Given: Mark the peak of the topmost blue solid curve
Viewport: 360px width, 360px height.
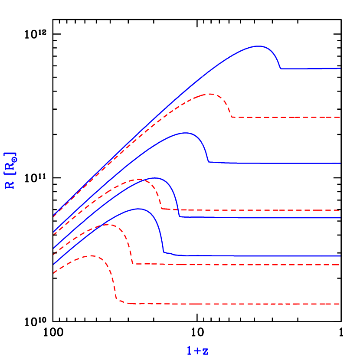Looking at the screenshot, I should point(259,46).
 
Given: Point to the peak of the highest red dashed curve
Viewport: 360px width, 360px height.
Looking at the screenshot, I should point(210,94).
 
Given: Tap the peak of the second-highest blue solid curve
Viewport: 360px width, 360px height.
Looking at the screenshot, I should point(185,133).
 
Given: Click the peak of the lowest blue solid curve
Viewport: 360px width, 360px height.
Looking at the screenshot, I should point(138,209).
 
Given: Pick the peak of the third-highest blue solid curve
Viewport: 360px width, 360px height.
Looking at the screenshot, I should point(154,178).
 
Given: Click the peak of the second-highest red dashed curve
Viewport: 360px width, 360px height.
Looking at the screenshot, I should point(140,179).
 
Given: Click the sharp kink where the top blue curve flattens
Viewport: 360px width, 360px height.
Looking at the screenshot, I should point(281,69).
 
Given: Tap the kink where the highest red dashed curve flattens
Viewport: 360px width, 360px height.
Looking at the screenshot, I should point(233,117).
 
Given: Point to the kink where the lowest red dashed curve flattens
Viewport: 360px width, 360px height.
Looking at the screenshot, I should point(117,300).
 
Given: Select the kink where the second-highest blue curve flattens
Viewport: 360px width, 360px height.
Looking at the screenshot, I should point(209,162).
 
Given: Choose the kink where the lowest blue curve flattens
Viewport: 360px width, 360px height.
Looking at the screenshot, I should point(164,252).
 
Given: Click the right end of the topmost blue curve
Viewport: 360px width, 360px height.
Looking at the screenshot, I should point(340,69).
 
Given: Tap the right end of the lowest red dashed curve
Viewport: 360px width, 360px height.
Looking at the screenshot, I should point(340,304).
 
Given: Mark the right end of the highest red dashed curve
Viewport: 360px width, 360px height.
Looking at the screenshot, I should point(340,118).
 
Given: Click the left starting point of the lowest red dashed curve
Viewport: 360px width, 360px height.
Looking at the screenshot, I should point(53,273).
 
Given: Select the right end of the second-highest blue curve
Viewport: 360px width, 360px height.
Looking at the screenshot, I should point(340,164).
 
